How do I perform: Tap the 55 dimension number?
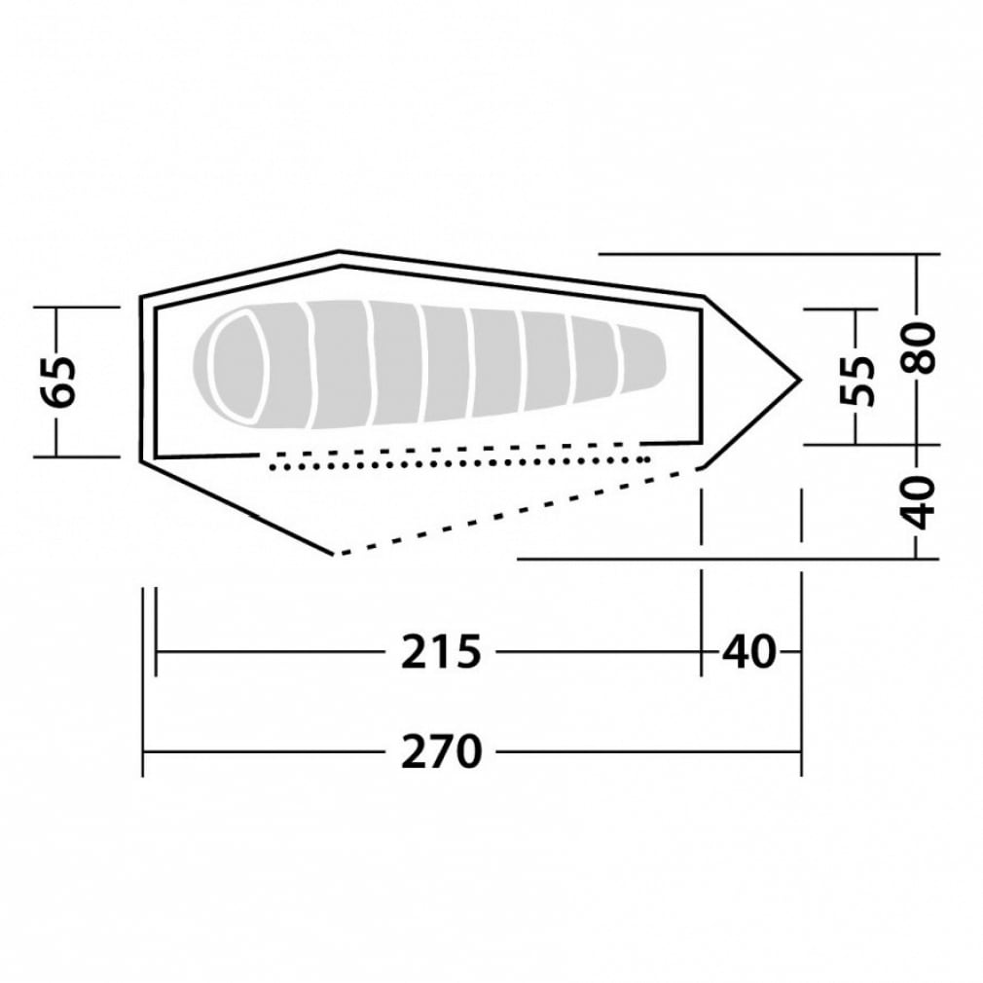(x=857, y=382)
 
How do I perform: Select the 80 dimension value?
(x=918, y=347)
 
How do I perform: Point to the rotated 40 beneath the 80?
(x=918, y=503)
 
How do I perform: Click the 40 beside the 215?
(x=749, y=651)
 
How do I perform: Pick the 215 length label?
(x=441, y=651)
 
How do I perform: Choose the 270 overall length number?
(x=441, y=751)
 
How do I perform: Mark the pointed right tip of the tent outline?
(x=801, y=380)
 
